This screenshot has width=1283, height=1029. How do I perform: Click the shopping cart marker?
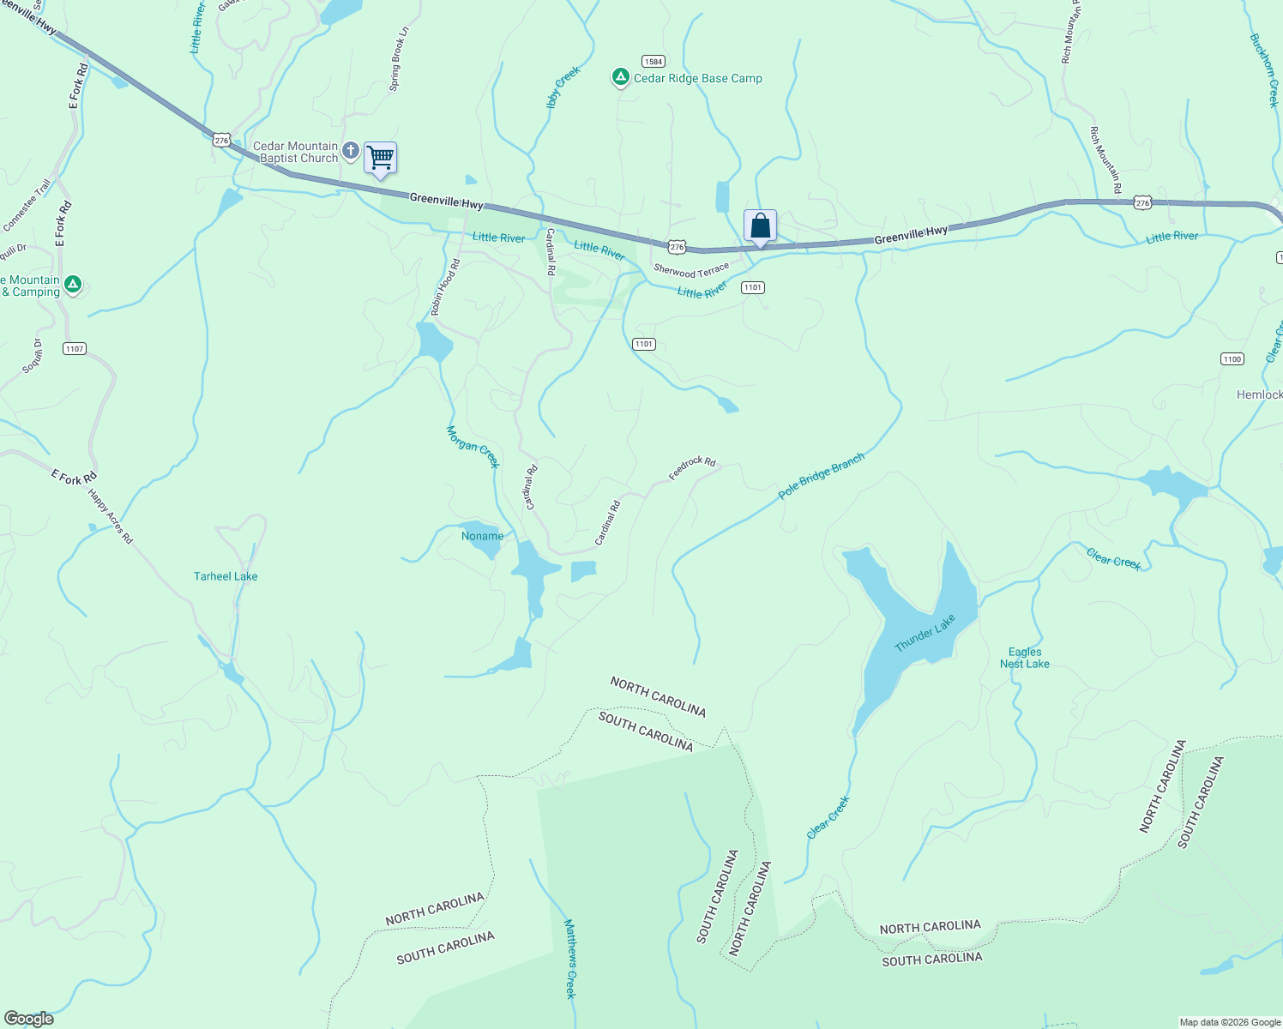pyautogui.click(x=380, y=159)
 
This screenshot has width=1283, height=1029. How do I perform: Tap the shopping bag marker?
pyautogui.click(x=760, y=226)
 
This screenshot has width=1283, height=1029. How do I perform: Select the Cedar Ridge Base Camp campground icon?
pyautogui.click(x=620, y=78)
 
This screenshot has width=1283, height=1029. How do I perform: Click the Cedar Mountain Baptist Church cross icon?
pyautogui.click(x=350, y=152)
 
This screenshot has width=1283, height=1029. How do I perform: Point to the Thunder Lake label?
pyautogui.click(x=925, y=634)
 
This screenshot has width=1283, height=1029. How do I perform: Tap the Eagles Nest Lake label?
pyautogui.click(x=1024, y=658)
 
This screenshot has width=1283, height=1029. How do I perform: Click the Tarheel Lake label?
pyautogui.click(x=226, y=576)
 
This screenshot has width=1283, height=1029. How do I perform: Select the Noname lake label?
pyautogui.click(x=483, y=536)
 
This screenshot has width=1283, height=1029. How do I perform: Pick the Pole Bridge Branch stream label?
pyautogui.click(x=822, y=477)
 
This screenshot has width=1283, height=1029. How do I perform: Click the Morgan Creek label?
pyautogui.click(x=473, y=447)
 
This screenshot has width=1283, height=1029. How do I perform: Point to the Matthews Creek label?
pyautogui.click(x=570, y=959)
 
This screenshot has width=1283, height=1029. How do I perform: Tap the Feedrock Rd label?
pyautogui.click(x=692, y=468)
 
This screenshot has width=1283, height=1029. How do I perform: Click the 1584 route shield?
pyautogui.click(x=654, y=62)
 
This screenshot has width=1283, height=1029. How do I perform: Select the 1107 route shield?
pyautogui.click(x=75, y=349)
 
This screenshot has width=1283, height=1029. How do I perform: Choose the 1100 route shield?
pyautogui.click(x=1232, y=359)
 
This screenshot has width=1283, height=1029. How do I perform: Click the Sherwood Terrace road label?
pyautogui.click(x=691, y=271)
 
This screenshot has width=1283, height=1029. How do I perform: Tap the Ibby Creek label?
pyautogui.click(x=563, y=87)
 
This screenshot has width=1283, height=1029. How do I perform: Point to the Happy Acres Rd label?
pyautogui.click(x=111, y=517)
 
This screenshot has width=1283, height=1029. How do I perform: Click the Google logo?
pyautogui.click(x=29, y=1019)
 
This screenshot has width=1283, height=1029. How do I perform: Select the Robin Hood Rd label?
pyautogui.click(x=446, y=287)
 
